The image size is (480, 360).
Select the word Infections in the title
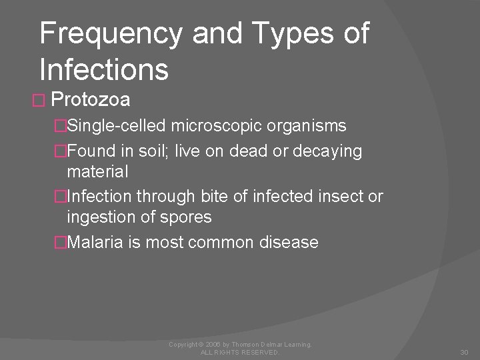click(104, 69)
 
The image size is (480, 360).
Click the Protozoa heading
click(90, 100)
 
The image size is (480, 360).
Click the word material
click(97, 171)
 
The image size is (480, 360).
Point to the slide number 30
click(465, 351)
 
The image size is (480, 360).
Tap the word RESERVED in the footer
click(259, 352)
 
